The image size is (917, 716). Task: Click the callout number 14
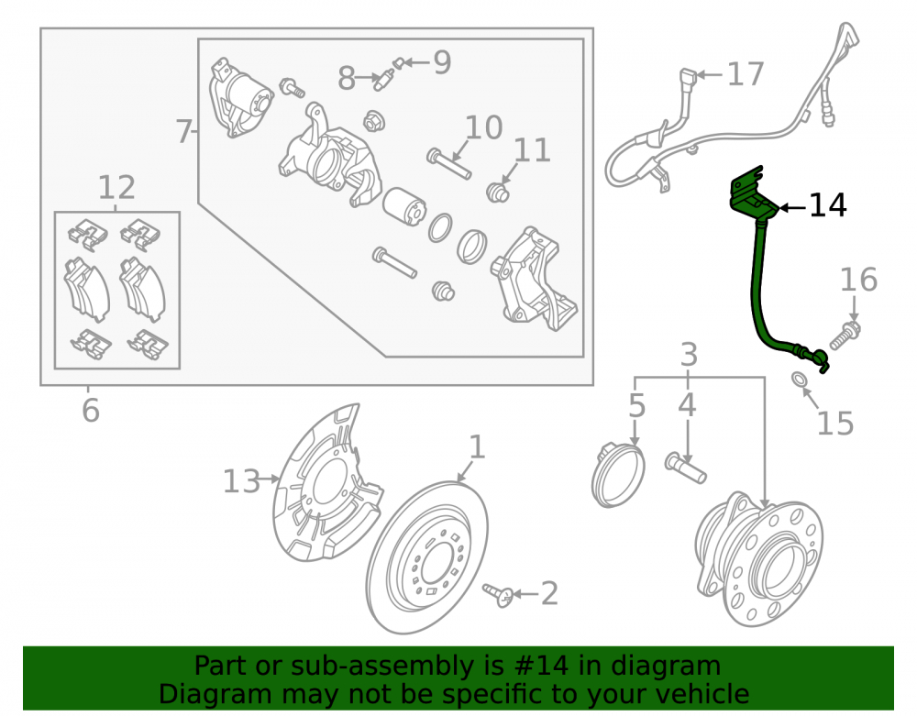[x=827, y=205]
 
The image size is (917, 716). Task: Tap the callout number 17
[x=746, y=74]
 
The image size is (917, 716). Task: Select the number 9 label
[x=442, y=62]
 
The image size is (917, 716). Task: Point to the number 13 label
[x=241, y=481]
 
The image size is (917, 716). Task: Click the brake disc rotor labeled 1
[x=427, y=557]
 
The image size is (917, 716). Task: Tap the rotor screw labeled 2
[x=498, y=594]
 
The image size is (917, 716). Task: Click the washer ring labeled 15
[x=799, y=380]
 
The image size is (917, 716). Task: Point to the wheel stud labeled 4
[x=685, y=468]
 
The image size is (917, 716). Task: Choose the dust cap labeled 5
[x=617, y=475]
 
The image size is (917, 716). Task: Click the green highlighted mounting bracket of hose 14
[x=752, y=193]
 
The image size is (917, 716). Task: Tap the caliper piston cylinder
[x=404, y=206]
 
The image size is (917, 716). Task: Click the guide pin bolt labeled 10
[x=449, y=164]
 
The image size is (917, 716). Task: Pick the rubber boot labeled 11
[x=498, y=192]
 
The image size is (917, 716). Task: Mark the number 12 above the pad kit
[x=116, y=188]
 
